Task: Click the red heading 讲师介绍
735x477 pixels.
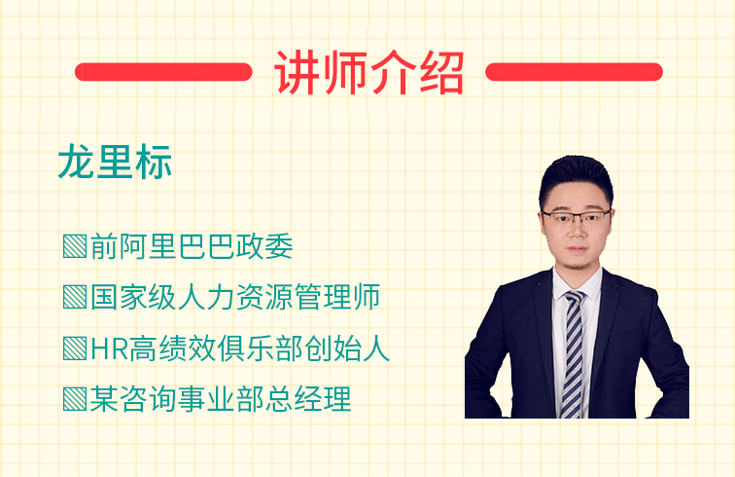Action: point(368,73)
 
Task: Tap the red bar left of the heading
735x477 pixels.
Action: point(163,72)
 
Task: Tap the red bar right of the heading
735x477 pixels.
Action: point(574,72)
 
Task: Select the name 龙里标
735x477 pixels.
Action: point(115,162)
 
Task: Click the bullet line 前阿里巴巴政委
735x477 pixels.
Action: point(192,246)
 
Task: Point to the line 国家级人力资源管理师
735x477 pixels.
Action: point(235,297)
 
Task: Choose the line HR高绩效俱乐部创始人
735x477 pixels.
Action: point(240,349)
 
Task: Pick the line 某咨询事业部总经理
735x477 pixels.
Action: point(221,399)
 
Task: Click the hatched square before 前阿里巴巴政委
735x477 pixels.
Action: point(75,246)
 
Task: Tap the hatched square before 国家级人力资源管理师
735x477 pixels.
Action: point(75,297)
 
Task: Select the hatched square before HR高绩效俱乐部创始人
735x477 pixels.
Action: point(75,349)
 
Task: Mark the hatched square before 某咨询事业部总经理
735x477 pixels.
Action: point(75,399)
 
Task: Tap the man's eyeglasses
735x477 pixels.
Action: point(577,217)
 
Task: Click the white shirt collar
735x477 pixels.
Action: point(577,284)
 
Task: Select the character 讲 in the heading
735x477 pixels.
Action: point(297,73)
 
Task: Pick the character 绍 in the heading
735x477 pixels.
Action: point(441,73)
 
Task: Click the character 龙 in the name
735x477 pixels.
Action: point(77,162)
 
